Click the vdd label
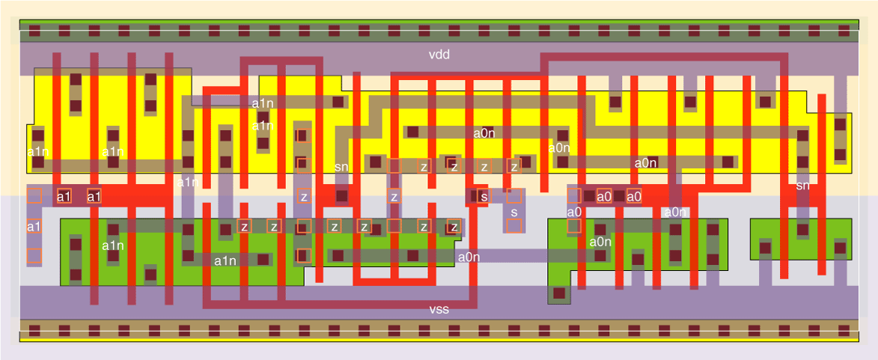(x=439, y=55)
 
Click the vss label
(x=439, y=309)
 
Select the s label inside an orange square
(x=484, y=197)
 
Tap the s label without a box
(x=514, y=213)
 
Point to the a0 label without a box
(x=574, y=212)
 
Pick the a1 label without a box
(x=34, y=226)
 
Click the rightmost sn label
(x=802, y=185)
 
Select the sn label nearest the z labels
(x=341, y=167)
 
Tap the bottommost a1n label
(x=225, y=260)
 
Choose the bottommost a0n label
(x=469, y=257)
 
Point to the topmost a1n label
(x=263, y=103)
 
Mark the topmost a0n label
(x=484, y=133)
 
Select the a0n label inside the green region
(x=600, y=241)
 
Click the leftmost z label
(x=244, y=226)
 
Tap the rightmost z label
(x=514, y=166)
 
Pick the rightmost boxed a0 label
(x=634, y=197)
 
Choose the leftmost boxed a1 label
(x=64, y=197)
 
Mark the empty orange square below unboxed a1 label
(x=34, y=257)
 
